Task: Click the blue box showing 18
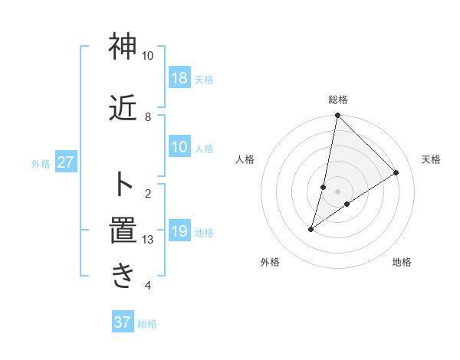pyautogui.click(x=179, y=78)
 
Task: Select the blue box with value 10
pyautogui.click(x=179, y=147)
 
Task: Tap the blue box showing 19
pyautogui.click(x=179, y=231)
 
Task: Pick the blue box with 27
pyautogui.click(x=65, y=162)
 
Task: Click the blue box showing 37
pyautogui.click(x=123, y=322)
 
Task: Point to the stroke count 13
pyautogui.click(x=149, y=240)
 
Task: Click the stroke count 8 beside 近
pyautogui.click(x=148, y=117)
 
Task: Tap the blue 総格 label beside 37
pyautogui.click(x=147, y=324)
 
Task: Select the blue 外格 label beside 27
pyautogui.click(x=41, y=163)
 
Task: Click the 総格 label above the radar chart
pyautogui.click(x=338, y=100)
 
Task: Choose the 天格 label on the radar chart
pyautogui.click(x=431, y=159)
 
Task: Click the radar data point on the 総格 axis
pyautogui.click(x=337, y=116)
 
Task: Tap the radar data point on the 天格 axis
pyautogui.click(x=396, y=172)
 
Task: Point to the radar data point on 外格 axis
pyautogui.click(x=311, y=228)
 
